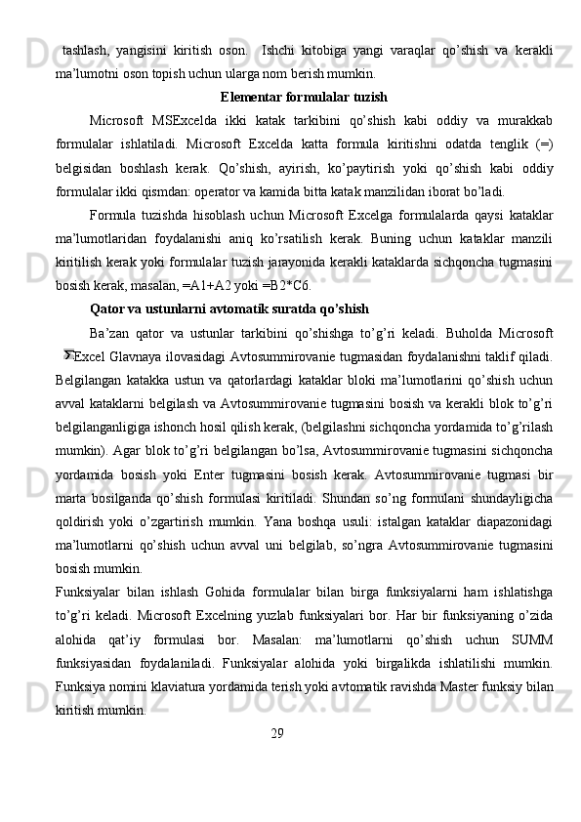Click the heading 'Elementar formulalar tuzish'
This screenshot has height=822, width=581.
tap(304, 98)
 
